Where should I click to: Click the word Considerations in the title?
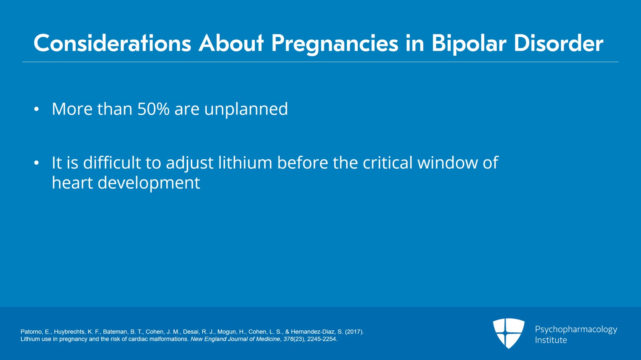tap(112, 44)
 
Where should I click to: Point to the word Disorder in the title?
tap(558, 44)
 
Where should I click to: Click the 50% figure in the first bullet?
tap(153, 109)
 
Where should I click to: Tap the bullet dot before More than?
tap(36, 109)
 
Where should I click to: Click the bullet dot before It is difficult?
tap(36, 163)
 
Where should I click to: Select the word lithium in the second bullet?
tap(245, 162)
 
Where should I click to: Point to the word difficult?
tap(112, 162)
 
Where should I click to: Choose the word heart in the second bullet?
tap(72, 183)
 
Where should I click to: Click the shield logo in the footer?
tap(508, 333)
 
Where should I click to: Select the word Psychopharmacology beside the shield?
tap(576, 330)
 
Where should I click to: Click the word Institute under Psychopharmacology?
tap(551, 340)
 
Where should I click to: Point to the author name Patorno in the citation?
tap(32, 332)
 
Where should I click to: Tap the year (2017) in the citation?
tap(354, 332)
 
